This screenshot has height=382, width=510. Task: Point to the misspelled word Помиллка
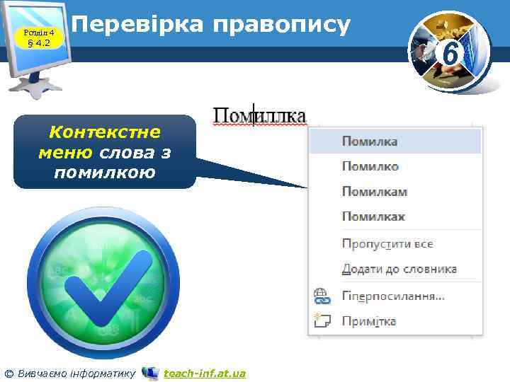260,115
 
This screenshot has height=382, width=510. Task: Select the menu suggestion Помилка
370,141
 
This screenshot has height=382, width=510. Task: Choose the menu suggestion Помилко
370,166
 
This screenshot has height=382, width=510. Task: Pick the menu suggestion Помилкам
374,192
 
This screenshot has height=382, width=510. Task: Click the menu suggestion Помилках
373,216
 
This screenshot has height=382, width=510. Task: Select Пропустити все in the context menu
387,244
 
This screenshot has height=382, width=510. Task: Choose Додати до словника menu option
399,270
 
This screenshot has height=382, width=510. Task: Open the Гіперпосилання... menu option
393,296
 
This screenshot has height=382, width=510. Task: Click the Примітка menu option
368,321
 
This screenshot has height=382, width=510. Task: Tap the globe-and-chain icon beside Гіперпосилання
322,296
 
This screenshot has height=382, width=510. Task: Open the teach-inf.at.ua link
204,373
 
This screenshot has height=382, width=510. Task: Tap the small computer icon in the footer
150,372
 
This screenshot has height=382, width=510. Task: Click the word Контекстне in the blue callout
104,132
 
